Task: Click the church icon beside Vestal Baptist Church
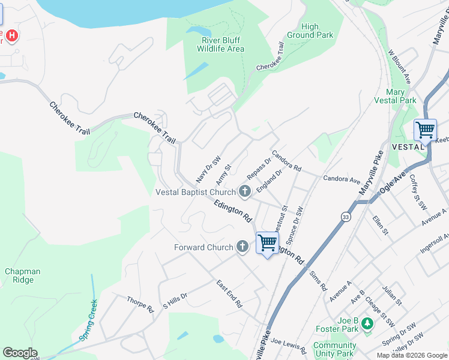(244, 192)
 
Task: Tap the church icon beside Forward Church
(242, 247)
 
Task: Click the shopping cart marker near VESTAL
(425, 130)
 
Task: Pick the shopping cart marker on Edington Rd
(267, 243)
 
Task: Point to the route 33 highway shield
(345, 216)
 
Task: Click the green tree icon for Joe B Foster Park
(367, 324)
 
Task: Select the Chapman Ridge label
(23, 275)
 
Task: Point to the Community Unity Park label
(334, 349)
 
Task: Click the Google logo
(20, 353)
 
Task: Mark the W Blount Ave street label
(400, 67)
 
